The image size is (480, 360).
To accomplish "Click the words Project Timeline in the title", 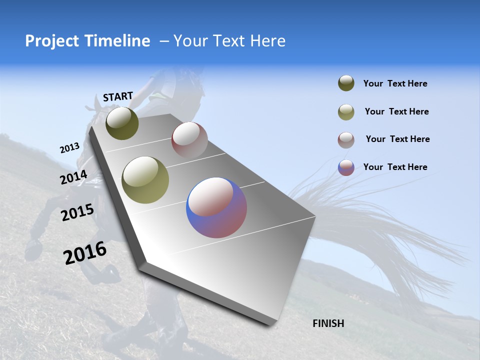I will pyautogui.click(x=87, y=41).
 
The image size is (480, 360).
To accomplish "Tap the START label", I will pyautogui.click(x=118, y=96).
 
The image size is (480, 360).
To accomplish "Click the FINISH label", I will pyautogui.click(x=328, y=323).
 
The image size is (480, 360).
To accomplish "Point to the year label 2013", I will pyautogui.click(x=69, y=148).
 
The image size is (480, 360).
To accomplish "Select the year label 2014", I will pyautogui.click(x=73, y=177).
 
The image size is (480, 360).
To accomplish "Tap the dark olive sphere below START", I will pyautogui.click(x=122, y=123).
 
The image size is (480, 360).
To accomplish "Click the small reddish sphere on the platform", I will pyautogui.click(x=189, y=140).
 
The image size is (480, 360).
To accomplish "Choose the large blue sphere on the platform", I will pyautogui.click(x=216, y=207).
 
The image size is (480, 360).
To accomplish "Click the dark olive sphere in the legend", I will pyautogui.click(x=346, y=83).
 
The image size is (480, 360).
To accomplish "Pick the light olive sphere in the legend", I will pyautogui.click(x=346, y=112).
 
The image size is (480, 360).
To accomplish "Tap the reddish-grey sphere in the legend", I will pyautogui.click(x=346, y=140).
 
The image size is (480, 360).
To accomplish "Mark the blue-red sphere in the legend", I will pyautogui.click(x=346, y=167).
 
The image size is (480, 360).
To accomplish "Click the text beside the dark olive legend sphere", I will pyautogui.click(x=395, y=84).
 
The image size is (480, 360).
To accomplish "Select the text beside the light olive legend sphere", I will pyautogui.click(x=396, y=111).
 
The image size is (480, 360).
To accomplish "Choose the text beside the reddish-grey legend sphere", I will pyautogui.click(x=397, y=139).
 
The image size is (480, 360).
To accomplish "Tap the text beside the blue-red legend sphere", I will pyautogui.click(x=395, y=167).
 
